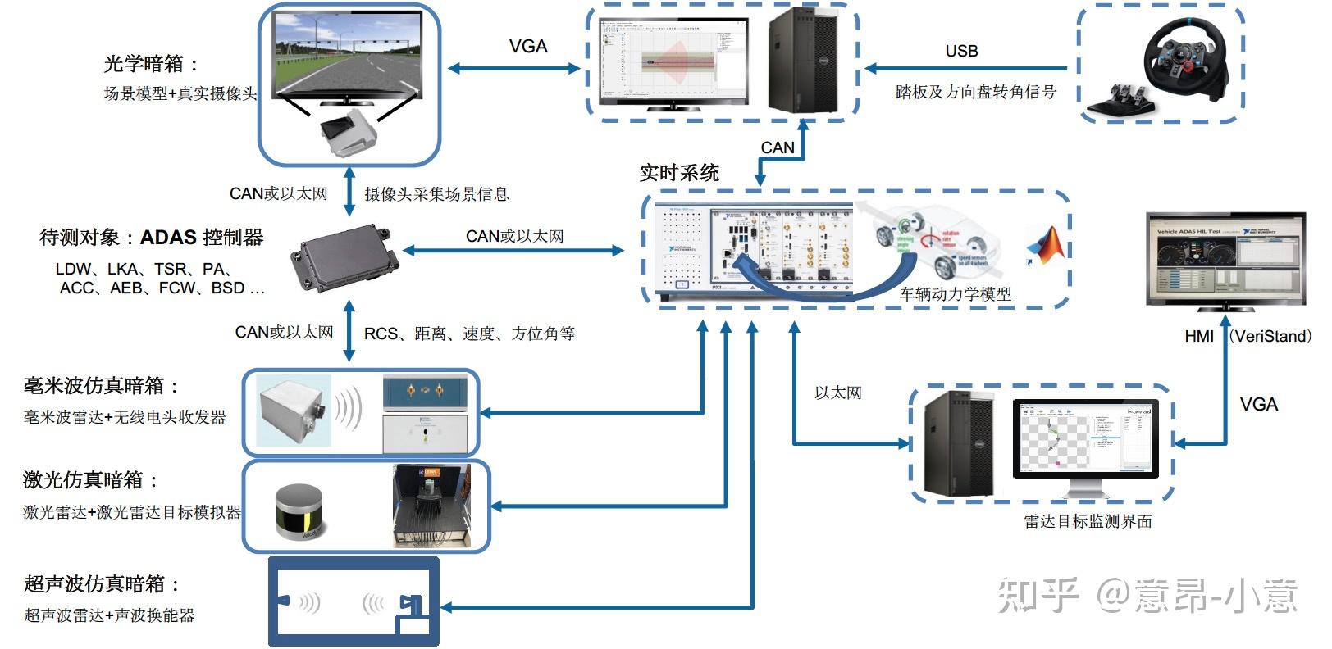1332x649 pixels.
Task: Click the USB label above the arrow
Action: [961, 51]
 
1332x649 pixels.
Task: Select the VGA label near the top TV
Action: [527, 47]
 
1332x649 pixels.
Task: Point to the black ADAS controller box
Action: [344, 260]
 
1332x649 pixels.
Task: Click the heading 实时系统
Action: [678, 173]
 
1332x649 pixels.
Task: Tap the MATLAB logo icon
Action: [1047, 246]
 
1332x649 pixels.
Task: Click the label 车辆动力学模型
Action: [955, 294]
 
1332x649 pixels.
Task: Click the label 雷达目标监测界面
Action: [1088, 521]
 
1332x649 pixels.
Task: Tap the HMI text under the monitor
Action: [1198, 336]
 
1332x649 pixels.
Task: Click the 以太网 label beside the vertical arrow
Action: [837, 393]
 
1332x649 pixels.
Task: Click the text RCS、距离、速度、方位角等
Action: [469, 334]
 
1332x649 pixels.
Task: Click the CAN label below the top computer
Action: [777, 147]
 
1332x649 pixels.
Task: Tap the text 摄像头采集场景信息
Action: [436, 194]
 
